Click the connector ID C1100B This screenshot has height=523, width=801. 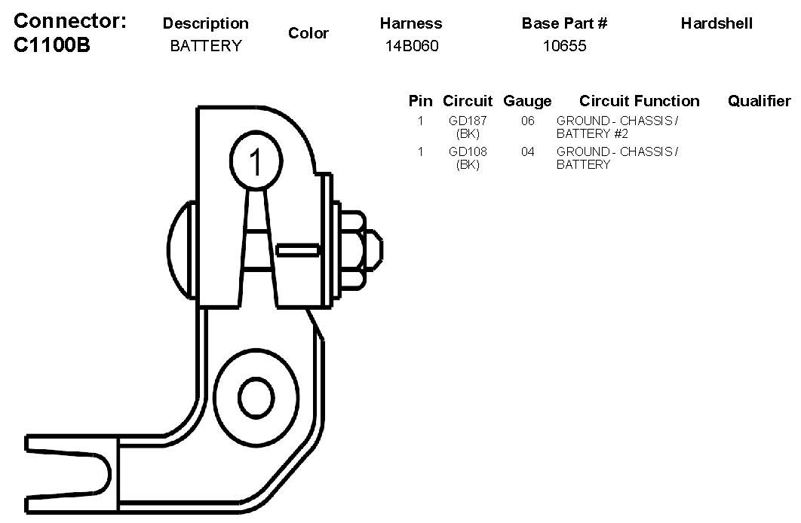[x=52, y=44]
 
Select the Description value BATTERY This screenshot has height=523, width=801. [x=206, y=46]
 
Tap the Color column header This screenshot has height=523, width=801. [x=308, y=34]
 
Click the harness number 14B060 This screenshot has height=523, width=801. [x=411, y=46]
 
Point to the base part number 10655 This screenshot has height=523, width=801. [x=564, y=46]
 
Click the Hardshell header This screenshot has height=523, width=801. [x=717, y=23]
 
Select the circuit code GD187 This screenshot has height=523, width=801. [x=468, y=121]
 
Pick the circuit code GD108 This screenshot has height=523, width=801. [x=468, y=151]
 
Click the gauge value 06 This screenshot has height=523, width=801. [x=528, y=121]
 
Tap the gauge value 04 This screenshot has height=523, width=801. [x=528, y=151]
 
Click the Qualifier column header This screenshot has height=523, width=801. [x=759, y=101]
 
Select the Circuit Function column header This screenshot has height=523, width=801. [x=639, y=101]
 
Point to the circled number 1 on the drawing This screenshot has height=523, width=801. [x=256, y=161]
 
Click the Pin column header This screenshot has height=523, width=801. [x=420, y=101]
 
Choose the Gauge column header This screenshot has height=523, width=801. [x=527, y=101]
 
